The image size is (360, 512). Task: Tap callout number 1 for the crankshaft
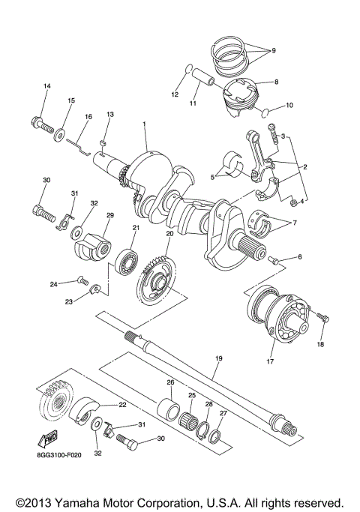[x=145, y=124]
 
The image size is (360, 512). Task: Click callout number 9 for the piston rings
[x=273, y=50]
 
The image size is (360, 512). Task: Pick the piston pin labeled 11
[x=203, y=77]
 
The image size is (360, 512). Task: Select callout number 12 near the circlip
[x=174, y=94]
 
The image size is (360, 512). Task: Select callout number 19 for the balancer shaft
[x=218, y=359]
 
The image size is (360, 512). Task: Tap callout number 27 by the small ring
[x=222, y=413]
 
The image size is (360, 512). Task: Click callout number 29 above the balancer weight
[x=109, y=215]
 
